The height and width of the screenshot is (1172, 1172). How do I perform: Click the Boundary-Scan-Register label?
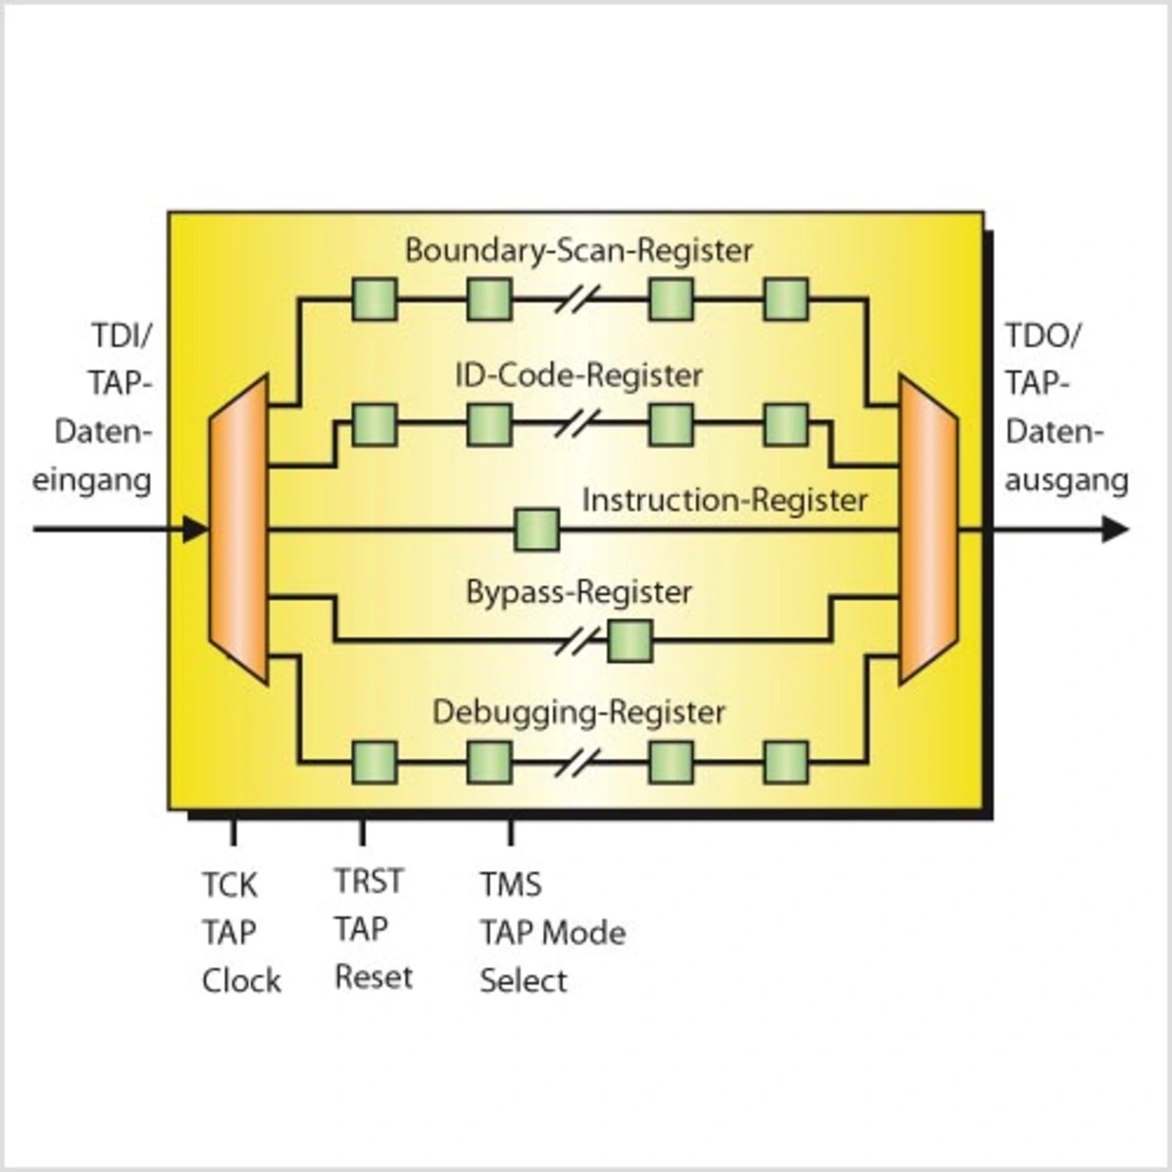tap(579, 250)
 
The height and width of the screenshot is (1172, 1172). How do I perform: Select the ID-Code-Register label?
tap(579, 374)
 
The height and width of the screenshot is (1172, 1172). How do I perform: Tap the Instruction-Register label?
tap(724, 500)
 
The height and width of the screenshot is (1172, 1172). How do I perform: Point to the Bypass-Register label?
tap(579, 591)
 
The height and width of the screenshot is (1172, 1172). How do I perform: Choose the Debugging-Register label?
tap(579, 711)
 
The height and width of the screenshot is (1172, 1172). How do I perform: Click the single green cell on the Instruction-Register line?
tap(537, 529)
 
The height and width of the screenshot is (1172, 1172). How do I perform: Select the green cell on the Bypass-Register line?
tap(630, 641)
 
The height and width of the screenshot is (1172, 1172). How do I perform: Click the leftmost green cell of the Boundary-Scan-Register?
tap(374, 299)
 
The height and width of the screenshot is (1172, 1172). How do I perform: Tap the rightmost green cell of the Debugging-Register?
tap(786, 762)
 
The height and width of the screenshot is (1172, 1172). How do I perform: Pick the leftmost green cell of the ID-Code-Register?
tap(374, 424)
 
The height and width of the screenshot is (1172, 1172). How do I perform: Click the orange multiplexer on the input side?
tap(238, 529)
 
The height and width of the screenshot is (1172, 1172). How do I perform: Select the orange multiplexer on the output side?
tap(928, 529)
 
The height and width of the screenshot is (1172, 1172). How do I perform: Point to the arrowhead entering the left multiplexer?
tap(194, 529)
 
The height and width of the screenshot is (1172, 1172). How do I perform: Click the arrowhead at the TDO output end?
tap(1114, 529)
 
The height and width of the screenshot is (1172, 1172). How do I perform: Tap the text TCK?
tap(230, 885)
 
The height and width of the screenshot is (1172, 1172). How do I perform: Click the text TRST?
tap(368, 881)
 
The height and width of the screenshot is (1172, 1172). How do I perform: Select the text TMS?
tap(511, 884)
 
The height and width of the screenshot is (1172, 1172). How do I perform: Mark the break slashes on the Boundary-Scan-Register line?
tap(579, 299)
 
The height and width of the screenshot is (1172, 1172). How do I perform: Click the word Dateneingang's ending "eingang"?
tap(92, 481)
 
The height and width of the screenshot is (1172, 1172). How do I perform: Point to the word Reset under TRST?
tap(374, 977)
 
